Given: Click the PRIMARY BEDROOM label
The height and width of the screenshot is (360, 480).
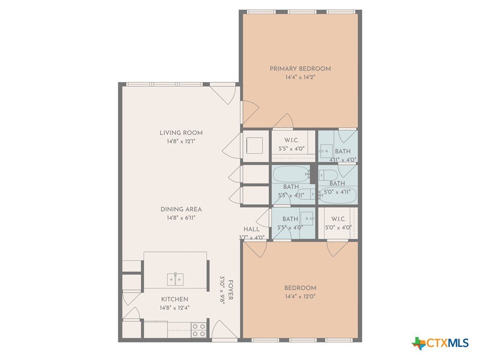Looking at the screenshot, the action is click(300, 68).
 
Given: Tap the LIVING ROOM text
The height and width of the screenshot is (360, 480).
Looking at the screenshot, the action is click(181, 133).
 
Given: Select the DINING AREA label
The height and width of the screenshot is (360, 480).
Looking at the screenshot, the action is click(181, 210).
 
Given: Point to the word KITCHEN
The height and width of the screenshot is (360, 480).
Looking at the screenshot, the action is click(174, 300).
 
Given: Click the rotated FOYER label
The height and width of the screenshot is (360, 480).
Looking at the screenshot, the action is click(231, 290).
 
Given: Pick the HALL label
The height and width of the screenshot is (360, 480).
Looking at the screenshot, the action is click(251, 229).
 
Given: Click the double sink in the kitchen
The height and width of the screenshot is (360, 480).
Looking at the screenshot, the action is click(175, 279).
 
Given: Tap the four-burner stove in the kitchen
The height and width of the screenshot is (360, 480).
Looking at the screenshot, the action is click(199, 330).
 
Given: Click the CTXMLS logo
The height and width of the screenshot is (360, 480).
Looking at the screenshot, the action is click(440, 343).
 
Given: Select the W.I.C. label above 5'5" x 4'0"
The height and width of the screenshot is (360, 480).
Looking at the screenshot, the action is click(292, 140).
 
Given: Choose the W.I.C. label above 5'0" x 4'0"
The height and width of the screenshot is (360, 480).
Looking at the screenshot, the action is click(338, 219).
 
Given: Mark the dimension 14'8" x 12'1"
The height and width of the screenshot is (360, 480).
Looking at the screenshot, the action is click(181, 142).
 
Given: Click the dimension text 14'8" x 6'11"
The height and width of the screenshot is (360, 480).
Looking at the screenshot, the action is click(181, 218).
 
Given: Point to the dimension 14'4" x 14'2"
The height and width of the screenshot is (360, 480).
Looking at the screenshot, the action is click(300, 77).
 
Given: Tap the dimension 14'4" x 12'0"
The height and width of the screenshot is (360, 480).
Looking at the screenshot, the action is click(300, 296).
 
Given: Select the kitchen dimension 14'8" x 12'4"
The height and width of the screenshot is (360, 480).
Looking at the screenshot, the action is click(174, 308).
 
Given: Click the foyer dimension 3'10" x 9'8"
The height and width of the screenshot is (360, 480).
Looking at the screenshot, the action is click(223, 290).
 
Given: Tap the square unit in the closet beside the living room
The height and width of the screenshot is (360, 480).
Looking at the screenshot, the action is click(255, 145).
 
